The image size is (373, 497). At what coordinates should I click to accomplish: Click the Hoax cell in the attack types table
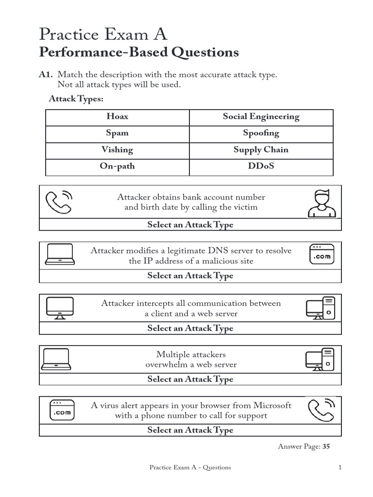118,116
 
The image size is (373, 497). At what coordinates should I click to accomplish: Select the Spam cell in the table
118,133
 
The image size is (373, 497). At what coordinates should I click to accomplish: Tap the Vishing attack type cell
117,149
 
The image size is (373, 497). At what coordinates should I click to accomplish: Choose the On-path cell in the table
117,166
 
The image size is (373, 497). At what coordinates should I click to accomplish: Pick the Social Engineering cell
261,116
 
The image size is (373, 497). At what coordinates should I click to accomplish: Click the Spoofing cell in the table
261,133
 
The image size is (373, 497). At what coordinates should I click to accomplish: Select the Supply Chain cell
261,149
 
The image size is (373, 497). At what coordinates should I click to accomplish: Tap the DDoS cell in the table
261,166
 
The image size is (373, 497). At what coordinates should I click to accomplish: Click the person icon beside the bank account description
321,202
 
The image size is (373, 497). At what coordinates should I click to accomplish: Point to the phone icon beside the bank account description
58,202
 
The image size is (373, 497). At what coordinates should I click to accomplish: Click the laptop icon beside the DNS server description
60,254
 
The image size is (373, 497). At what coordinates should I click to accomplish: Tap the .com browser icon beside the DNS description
322,254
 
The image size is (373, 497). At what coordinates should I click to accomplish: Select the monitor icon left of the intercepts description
60,308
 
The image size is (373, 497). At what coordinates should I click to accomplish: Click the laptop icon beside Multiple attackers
57,359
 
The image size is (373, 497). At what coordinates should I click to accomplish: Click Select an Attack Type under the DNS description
190,276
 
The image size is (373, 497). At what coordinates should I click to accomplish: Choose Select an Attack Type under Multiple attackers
190,379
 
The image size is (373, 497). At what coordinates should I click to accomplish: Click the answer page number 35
326,447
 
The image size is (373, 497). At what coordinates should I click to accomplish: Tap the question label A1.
46,75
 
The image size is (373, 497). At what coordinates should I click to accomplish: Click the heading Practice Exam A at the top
103,34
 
